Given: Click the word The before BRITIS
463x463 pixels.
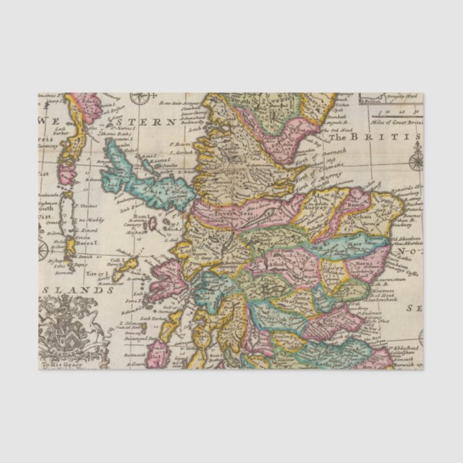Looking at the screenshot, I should pyautogui.click(x=359, y=137).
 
